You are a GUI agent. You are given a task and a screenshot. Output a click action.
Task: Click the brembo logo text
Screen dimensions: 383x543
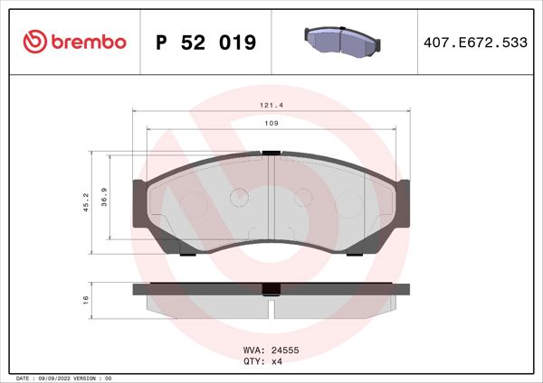[x=89, y=42]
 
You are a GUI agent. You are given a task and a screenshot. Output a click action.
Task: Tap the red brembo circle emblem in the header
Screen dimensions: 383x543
[x=33, y=42]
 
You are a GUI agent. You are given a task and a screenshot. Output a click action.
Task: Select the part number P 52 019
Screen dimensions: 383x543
[x=206, y=42]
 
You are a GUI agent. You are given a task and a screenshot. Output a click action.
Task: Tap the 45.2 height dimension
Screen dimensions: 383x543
[x=86, y=201]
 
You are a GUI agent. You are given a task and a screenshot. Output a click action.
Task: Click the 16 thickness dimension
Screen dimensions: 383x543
[x=86, y=299]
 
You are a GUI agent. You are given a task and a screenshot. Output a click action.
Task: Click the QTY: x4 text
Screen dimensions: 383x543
[x=263, y=360]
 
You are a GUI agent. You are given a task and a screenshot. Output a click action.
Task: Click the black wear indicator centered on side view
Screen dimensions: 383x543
[x=271, y=290]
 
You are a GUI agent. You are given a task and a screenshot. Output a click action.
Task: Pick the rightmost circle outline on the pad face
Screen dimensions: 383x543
[x=348, y=205]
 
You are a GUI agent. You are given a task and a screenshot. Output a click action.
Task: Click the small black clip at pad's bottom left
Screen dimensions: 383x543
[x=187, y=253]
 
